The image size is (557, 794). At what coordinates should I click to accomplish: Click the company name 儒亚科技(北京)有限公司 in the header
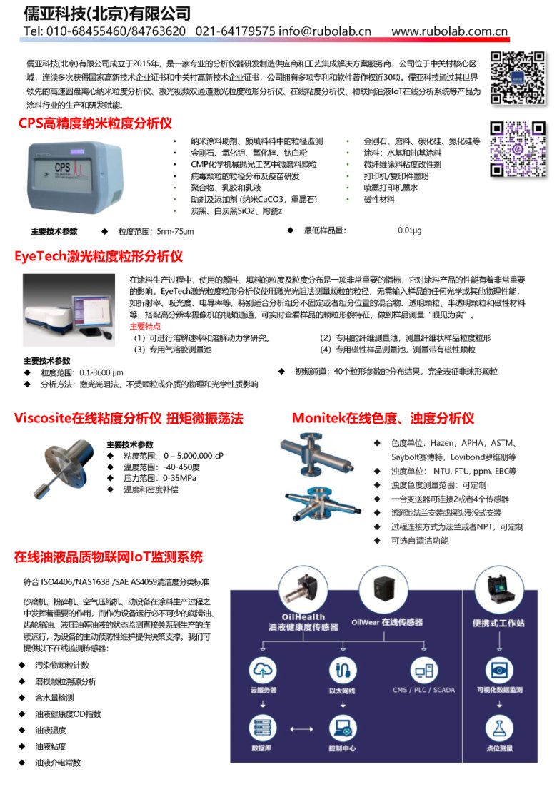[107, 13]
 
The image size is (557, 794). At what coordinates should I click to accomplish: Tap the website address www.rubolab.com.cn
[449, 31]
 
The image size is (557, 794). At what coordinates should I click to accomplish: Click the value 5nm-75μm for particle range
[166, 231]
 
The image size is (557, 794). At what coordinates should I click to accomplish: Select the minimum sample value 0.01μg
[409, 230]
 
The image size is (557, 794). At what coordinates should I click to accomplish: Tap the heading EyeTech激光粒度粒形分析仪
[99, 255]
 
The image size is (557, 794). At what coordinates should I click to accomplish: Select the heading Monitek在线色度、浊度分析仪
[383, 418]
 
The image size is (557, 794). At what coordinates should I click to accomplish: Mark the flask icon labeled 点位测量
[499, 728]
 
